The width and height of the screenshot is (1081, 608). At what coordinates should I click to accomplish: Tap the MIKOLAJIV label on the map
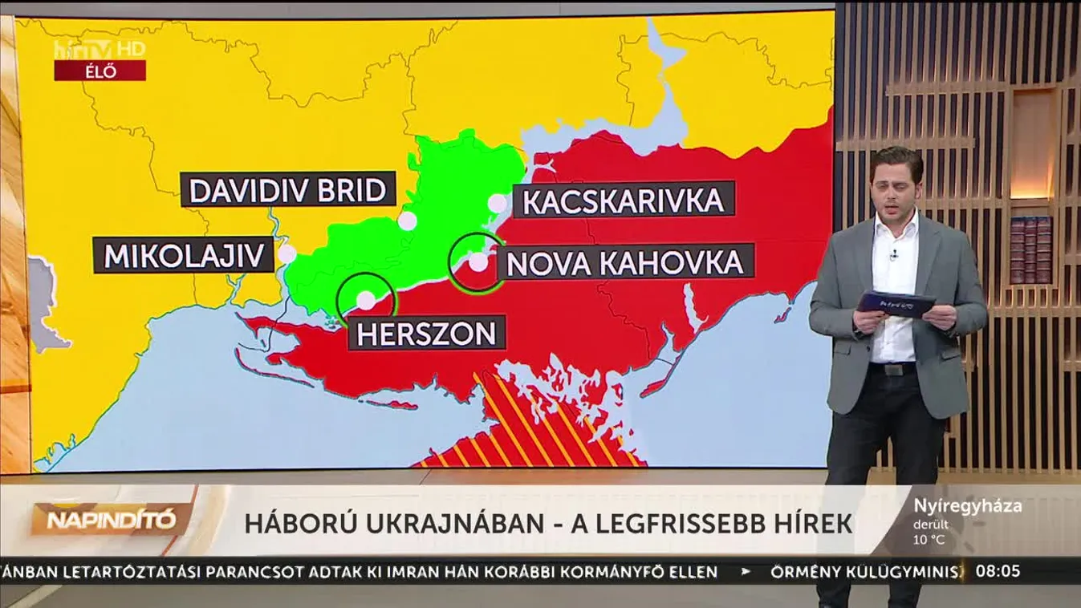tap(185, 255)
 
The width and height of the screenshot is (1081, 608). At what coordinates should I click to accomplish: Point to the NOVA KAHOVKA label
tap(626, 262)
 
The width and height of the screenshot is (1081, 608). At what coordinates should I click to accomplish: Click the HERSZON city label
tap(426, 332)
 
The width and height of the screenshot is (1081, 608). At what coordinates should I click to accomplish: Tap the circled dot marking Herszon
tap(366, 299)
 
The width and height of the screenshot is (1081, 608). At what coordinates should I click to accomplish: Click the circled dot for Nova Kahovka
tap(478, 261)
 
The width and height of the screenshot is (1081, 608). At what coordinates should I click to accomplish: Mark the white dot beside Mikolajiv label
tap(287, 254)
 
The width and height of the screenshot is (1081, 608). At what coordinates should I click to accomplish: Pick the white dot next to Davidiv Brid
tap(408, 221)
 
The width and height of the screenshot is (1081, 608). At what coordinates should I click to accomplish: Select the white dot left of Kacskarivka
tap(498, 203)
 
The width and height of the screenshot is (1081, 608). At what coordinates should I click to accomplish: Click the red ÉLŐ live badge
tap(100, 71)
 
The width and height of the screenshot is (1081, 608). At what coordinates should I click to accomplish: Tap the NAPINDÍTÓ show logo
tap(111, 521)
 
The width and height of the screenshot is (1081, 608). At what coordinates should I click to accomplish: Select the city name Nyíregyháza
tap(967, 506)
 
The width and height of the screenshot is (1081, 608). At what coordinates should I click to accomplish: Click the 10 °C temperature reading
tap(929, 539)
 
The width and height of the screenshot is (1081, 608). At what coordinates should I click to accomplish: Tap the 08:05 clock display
tap(998, 572)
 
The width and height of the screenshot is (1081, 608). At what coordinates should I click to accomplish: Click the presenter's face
tap(896, 190)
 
